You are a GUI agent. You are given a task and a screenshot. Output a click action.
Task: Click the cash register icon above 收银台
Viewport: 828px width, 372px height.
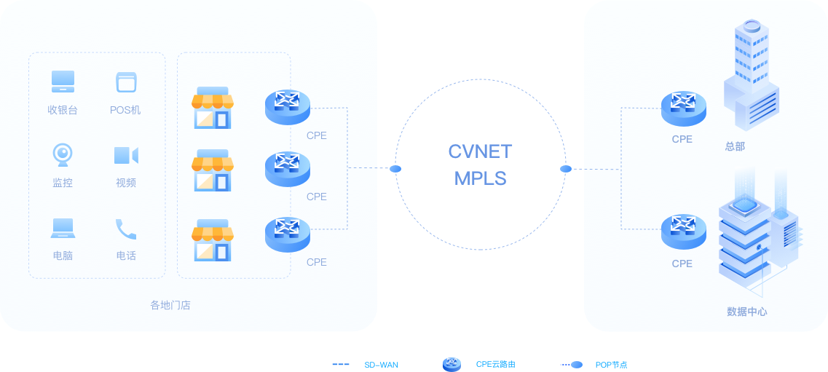(x=63, y=82)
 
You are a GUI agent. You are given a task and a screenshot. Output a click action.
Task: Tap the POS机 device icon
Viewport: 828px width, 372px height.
(x=126, y=82)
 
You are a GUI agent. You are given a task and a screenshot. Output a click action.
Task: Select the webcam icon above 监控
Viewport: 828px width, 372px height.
(x=63, y=154)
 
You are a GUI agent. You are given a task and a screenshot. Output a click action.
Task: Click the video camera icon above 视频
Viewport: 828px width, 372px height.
(x=125, y=155)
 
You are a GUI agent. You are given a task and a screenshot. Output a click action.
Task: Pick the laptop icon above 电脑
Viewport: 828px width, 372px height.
(x=63, y=228)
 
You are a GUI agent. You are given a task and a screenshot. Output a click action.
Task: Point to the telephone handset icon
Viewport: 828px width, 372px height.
(x=126, y=229)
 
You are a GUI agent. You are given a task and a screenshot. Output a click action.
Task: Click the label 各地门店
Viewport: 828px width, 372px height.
(x=170, y=305)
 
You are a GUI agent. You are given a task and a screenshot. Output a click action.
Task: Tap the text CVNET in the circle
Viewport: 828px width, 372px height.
(x=480, y=151)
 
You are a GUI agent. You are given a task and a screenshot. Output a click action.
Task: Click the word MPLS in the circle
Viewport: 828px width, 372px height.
(x=480, y=178)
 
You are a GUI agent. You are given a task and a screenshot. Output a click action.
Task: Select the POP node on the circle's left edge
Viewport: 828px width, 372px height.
(x=395, y=169)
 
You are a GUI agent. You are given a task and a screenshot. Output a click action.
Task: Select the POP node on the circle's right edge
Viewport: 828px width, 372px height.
(x=566, y=169)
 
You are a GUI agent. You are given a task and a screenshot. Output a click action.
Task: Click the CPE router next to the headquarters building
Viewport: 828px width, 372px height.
(x=683, y=108)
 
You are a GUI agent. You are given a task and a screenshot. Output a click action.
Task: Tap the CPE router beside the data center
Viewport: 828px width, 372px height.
(x=683, y=231)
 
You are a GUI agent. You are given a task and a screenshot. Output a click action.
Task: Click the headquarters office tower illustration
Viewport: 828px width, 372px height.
(x=750, y=73)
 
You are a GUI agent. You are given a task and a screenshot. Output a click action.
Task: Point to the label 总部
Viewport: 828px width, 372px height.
(x=735, y=146)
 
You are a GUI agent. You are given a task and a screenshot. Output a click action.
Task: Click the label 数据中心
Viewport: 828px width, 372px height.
(x=746, y=312)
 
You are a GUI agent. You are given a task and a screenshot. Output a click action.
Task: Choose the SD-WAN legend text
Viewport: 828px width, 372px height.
(x=381, y=364)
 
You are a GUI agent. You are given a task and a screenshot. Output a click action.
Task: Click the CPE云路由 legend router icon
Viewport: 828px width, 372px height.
(x=452, y=364)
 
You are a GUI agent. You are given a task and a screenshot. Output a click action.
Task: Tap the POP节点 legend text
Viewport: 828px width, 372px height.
(x=611, y=364)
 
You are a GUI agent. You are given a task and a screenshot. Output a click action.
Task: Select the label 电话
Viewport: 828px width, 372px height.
(x=126, y=256)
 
